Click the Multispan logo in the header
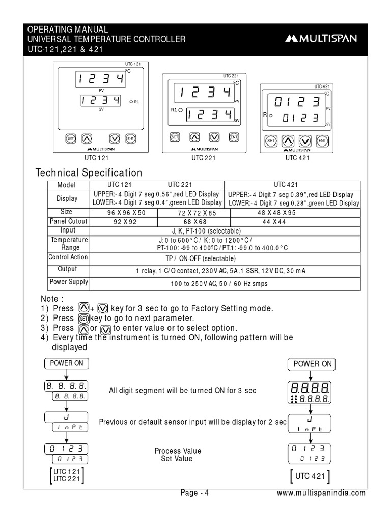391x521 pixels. pyautogui.click(x=321, y=38)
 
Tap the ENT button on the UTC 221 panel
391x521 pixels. pyautogui.click(x=234, y=137)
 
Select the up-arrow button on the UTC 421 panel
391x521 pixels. pyautogui.click(x=288, y=140)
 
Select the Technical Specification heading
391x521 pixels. pyautogui.click(x=89, y=173)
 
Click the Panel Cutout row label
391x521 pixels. pyautogui.click(x=68, y=221)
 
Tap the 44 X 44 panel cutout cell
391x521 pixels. pyautogui.click(x=274, y=222)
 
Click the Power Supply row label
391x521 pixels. pyautogui.click(x=68, y=282)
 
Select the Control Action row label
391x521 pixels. pyautogui.click(x=68, y=257)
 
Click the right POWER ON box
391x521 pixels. pyautogui.click(x=313, y=364)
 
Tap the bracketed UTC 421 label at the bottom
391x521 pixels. pyautogui.click(x=310, y=477)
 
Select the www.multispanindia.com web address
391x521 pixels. pyautogui.click(x=321, y=493)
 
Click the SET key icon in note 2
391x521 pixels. pyautogui.click(x=84, y=319)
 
